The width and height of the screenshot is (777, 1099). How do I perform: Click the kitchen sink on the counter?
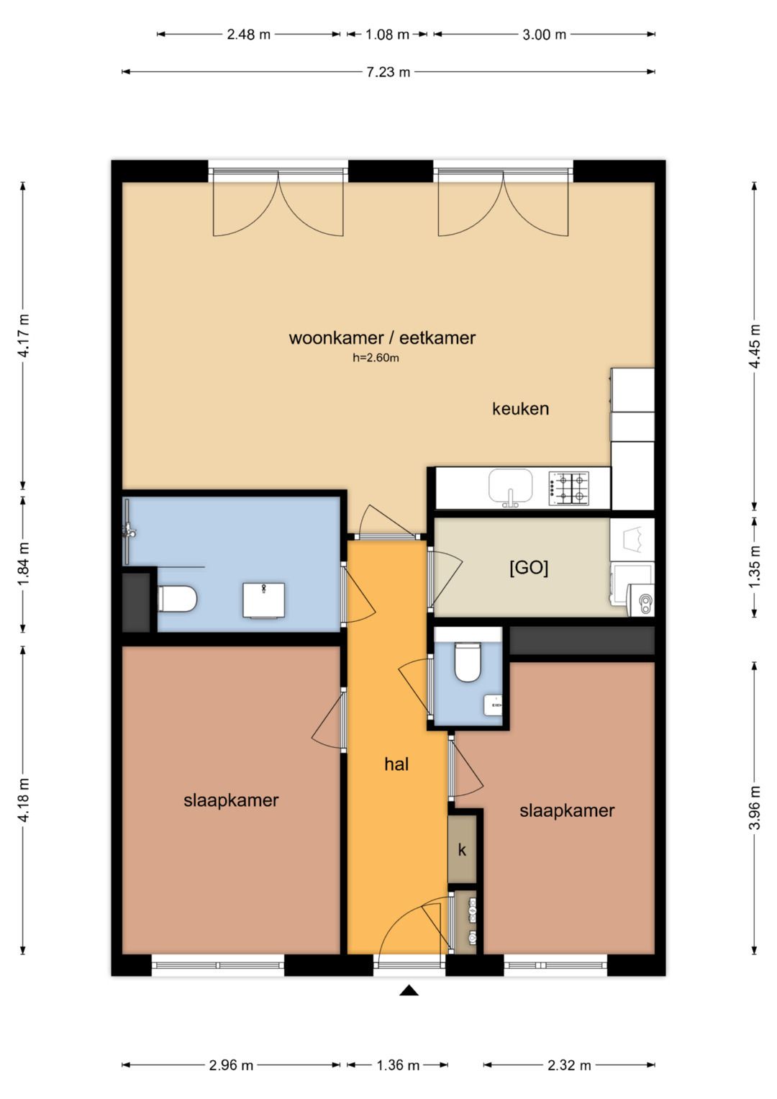(x=510, y=486)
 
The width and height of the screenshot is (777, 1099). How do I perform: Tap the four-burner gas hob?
(x=568, y=488)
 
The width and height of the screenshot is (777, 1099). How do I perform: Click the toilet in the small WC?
(x=468, y=662)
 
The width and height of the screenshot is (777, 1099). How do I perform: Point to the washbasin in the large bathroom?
(x=264, y=600)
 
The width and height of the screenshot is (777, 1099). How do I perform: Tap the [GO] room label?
(x=529, y=568)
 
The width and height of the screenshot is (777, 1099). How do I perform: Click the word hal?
(x=396, y=764)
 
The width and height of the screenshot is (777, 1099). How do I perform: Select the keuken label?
(x=520, y=409)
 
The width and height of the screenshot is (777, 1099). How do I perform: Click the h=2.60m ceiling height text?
(x=376, y=358)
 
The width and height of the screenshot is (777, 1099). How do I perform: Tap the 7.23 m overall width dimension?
(x=388, y=72)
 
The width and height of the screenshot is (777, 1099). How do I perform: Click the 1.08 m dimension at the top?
(x=387, y=35)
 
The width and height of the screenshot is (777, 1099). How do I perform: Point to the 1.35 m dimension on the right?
(x=755, y=568)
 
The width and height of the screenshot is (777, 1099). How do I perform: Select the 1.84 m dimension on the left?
(x=24, y=564)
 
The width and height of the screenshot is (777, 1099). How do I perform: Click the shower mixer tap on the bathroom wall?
(x=129, y=530)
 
